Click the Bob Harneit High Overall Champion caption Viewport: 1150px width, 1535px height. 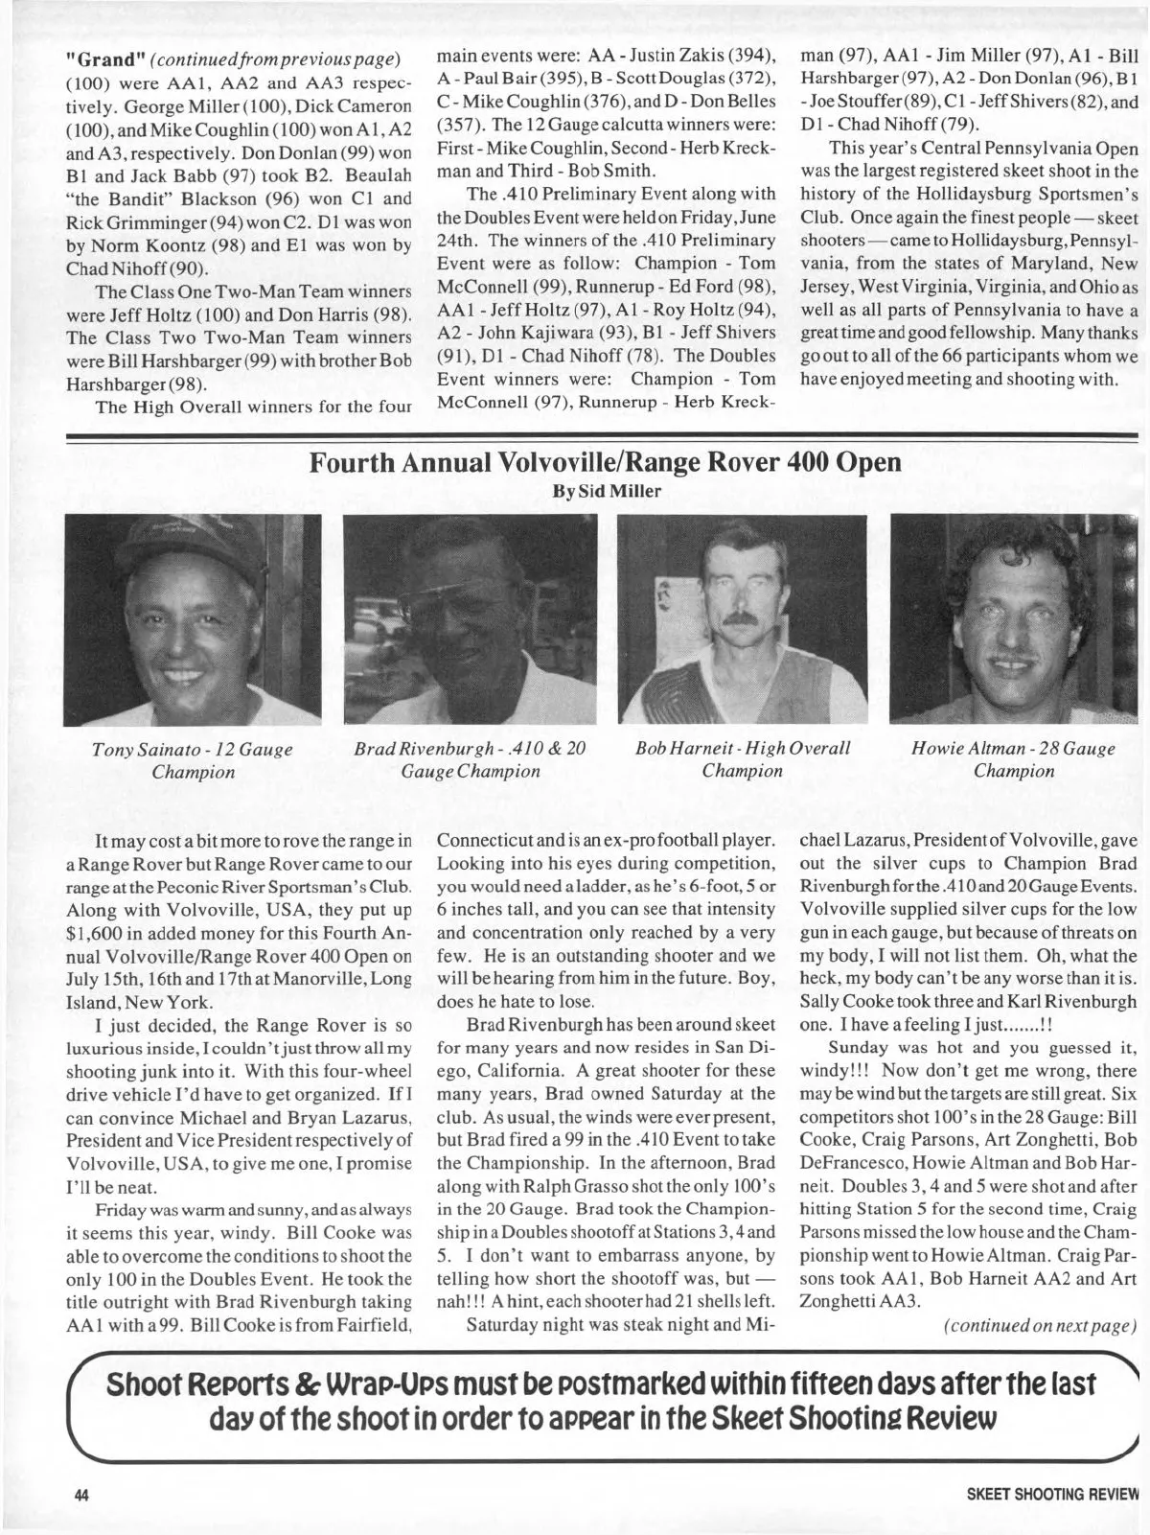[742, 759]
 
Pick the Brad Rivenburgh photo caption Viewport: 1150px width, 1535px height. [471, 759]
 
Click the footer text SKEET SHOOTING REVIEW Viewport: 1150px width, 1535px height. [1042, 1494]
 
